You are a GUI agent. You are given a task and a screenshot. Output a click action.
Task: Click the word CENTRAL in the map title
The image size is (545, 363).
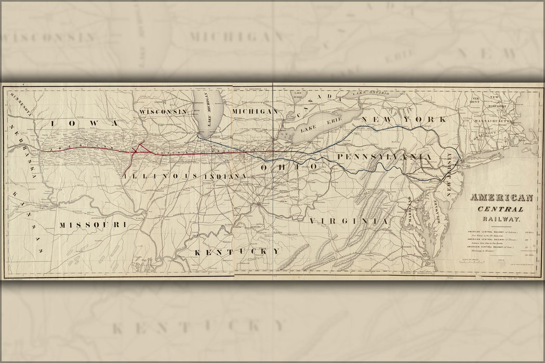click(502, 209)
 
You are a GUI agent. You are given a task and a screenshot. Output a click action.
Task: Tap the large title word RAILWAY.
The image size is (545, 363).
click(502, 219)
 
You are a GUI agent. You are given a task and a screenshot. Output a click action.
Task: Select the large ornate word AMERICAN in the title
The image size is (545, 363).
click(501, 198)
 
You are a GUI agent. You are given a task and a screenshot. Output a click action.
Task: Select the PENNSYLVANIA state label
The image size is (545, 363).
click(384, 157)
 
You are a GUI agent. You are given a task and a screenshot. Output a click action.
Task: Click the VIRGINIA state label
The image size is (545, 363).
click(349, 221)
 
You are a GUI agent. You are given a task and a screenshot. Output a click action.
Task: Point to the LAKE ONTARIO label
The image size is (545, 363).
click(370, 93)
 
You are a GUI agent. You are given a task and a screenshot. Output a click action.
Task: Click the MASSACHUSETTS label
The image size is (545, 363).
click(492, 121)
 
